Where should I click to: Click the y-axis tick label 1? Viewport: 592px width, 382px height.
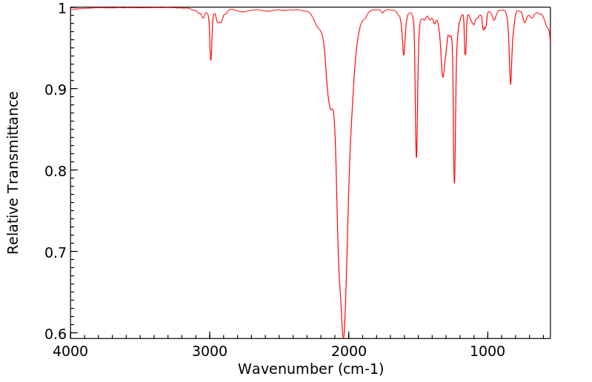click(61, 8)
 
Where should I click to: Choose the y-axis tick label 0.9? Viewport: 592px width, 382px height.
click(55, 90)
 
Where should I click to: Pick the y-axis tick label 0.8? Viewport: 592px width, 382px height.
click(55, 171)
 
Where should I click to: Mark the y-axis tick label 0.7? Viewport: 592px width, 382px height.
click(55, 252)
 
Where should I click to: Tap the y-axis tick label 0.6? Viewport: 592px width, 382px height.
click(55, 334)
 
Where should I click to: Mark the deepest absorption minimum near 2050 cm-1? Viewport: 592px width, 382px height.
click(343, 337)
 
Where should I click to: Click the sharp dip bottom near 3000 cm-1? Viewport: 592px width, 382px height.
click(211, 60)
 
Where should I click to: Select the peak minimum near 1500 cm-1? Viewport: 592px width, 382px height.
click(416, 157)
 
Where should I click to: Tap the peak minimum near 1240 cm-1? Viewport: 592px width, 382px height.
click(454, 182)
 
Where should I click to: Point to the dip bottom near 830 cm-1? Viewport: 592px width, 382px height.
click(510, 84)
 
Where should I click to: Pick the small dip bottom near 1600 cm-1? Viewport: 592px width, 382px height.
click(404, 54)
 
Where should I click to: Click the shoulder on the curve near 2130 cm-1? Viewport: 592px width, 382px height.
click(331, 110)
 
